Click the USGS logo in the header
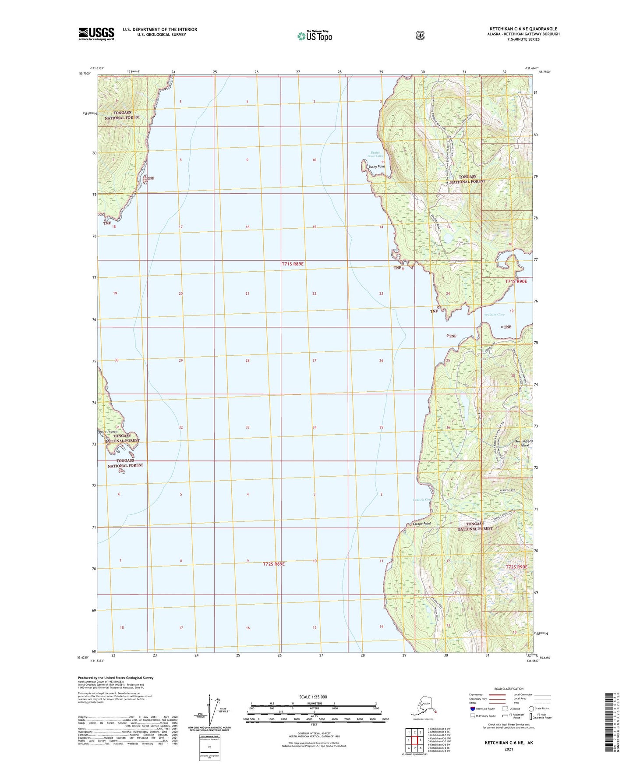point(96,34)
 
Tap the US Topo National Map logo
point(315,35)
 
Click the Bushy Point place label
point(377,167)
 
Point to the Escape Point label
point(422,524)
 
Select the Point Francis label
point(108,432)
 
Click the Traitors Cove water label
point(494,315)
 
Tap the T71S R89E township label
point(293,264)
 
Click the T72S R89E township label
point(274,564)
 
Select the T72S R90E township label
point(516,567)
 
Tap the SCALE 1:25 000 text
point(313,697)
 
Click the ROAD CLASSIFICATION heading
point(509,689)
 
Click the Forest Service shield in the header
point(420,35)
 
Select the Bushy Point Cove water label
point(375,154)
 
